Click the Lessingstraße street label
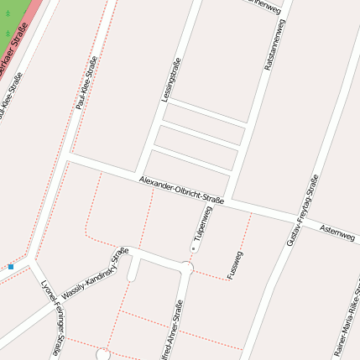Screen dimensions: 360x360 (x=171, y=80)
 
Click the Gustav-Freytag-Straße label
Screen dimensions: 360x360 (x=303, y=210)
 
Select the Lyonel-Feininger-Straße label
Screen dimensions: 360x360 (x=52, y=317)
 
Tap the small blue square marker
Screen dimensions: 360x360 (x=11, y=267)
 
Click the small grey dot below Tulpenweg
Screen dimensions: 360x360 (x=194, y=249)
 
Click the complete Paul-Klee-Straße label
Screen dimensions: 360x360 (x=86, y=82)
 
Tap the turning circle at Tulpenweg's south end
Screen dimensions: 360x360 (x=188, y=268)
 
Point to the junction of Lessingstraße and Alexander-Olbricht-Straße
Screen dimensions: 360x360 (x=143, y=175)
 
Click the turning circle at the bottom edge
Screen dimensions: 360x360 (x=103, y=354)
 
